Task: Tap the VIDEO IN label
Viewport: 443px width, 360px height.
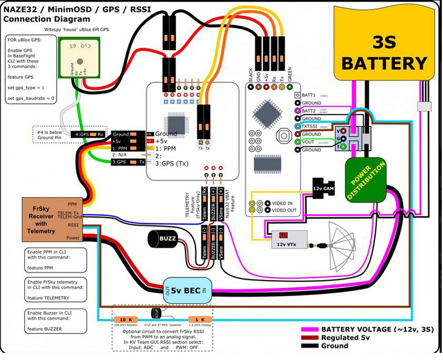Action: click(285, 203)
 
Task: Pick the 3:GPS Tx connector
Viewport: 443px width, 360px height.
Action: click(127, 161)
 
